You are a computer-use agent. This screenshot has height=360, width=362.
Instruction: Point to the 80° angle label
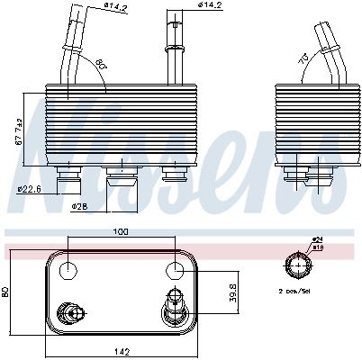[99, 64]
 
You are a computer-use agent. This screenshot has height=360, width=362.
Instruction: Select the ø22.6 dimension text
[31, 188]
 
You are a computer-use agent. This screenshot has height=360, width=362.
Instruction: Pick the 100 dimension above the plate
[120, 232]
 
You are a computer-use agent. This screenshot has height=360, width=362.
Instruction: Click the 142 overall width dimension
[120, 350]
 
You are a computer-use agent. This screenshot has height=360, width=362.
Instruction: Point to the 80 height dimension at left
[7, 291]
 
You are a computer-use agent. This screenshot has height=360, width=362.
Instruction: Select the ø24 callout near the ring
[317, 238]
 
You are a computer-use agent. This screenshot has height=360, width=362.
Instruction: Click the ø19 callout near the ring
[317, 246]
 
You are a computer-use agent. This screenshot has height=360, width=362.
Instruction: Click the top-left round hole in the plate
[70, 269]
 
